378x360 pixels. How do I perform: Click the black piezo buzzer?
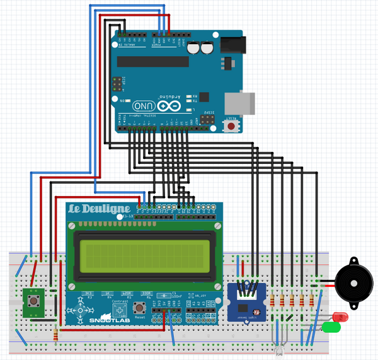click(x=354, y=281)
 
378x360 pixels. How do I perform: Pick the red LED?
click(x=341, y=316)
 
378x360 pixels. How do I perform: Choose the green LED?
click(x=331, y=327)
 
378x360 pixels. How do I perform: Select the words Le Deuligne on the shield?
click(x=99, y=208)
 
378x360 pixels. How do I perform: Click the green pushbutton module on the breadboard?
click(x=31, y=301)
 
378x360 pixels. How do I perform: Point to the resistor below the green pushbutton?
click(x=58, y=335)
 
